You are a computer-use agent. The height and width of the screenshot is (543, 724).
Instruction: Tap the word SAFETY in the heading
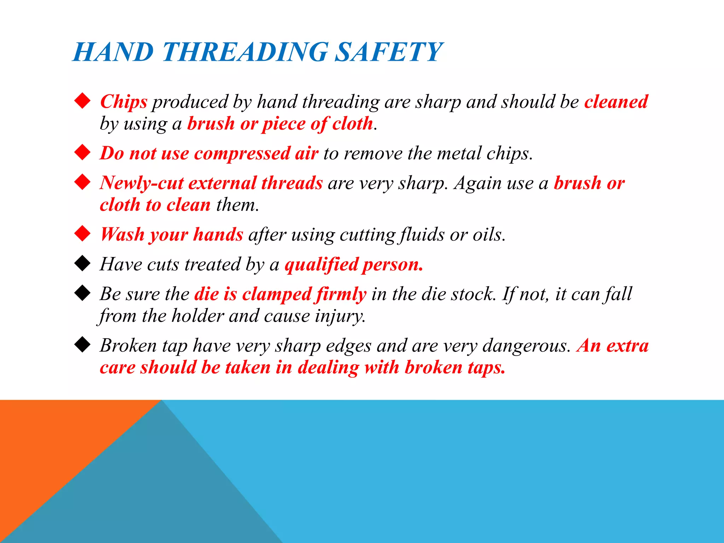(x=388, y=52)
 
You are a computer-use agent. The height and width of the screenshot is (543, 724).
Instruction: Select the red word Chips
(x=123, y=102)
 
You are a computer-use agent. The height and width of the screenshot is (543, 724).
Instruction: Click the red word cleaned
(x=616, y=102)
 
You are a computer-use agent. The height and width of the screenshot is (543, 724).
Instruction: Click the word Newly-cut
(x=141, y=183)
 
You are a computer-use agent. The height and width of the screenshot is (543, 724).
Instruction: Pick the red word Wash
(x=122, y=234)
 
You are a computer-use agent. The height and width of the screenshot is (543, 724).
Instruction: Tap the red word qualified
(x=321, y=264)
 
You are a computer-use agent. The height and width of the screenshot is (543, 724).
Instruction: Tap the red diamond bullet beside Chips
(x=83, y=101)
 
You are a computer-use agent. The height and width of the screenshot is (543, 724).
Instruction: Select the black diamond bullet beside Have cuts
(x=83, y=263)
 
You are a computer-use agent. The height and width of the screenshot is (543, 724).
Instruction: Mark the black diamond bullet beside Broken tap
(x=83, y=345)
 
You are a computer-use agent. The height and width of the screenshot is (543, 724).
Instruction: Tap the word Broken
(x=128, y=346)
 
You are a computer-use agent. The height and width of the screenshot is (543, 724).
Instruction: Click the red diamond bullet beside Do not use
(x=83, y=152)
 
